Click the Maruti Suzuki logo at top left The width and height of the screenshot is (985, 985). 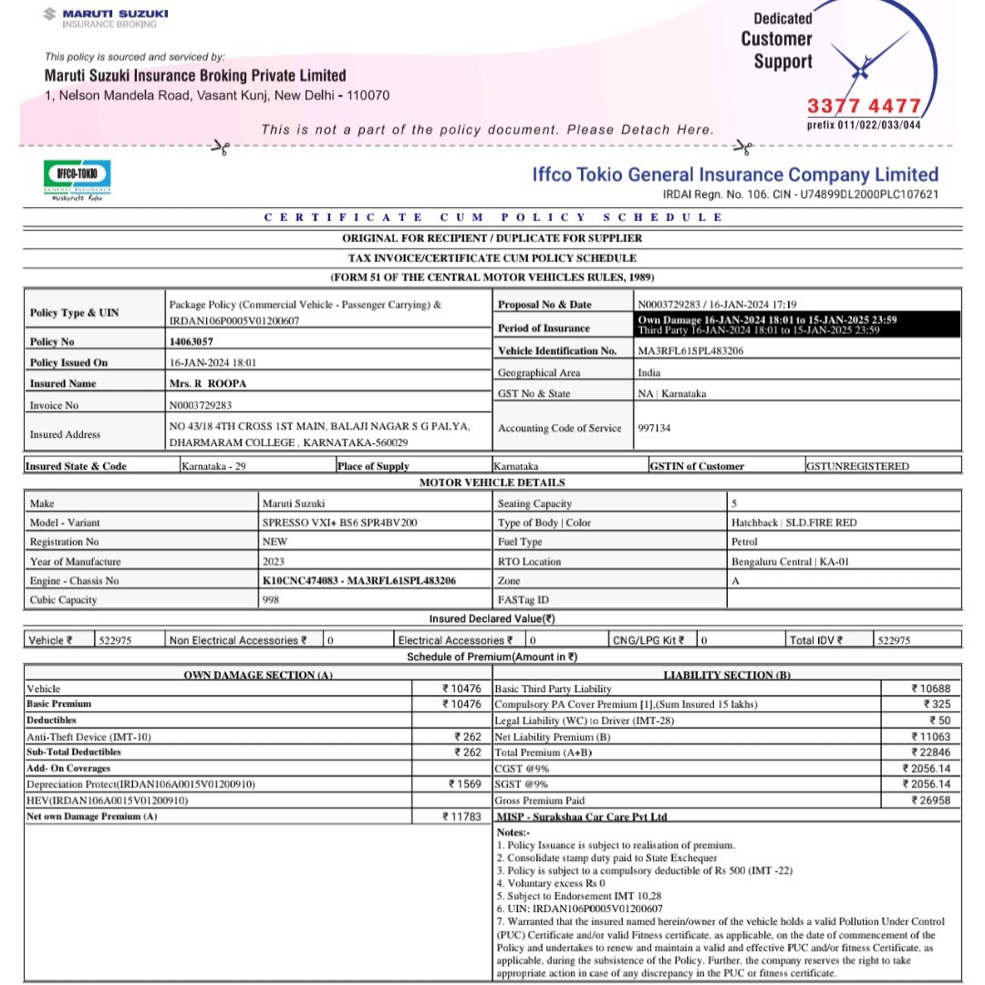tap(106, 17)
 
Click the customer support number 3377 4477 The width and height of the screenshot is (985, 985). tap(864, 106)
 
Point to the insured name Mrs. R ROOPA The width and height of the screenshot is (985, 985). tap(208, 384)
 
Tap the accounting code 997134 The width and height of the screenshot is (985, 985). tap(655, 427)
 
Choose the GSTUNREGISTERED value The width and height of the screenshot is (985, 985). tap(857, 466)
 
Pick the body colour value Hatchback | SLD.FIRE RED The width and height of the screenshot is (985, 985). tap(793, 523)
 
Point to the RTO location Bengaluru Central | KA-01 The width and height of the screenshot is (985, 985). tap(790, 562)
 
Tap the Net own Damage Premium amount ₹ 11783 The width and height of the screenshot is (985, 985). tap(461, 816)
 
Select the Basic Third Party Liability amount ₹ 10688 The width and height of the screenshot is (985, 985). tap(930, 689)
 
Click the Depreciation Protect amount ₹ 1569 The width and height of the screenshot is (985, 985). tap(464, 784)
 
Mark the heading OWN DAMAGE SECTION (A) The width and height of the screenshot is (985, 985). tap(259, 675)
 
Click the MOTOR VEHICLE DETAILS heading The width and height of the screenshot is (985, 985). tap(492, 482)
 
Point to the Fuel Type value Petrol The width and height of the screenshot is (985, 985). tap(745, 542)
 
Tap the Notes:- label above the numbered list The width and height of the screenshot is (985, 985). tap(513, 833)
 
